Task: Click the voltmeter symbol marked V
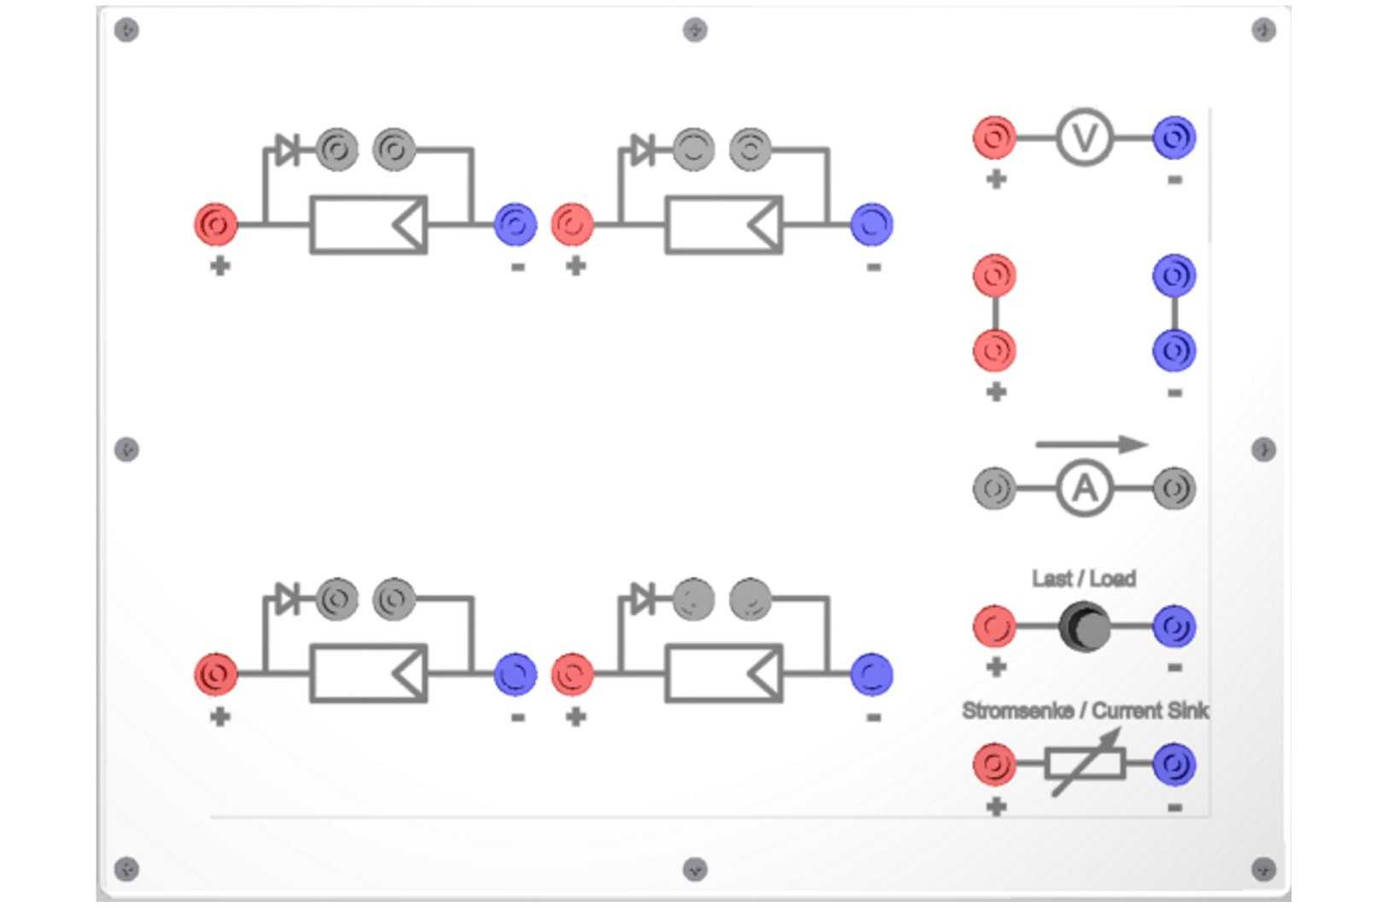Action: pos(1084,137)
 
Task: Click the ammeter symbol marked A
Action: pos(1084,488)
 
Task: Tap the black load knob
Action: pos(1084,626)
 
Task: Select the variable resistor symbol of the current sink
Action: pos(1086,764)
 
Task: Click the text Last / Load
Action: pos(1083,578)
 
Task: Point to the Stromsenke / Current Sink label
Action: pos(1086,711)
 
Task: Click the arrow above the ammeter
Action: pos(1092,444)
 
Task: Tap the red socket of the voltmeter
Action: pos(994,137)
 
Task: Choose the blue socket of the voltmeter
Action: pos(1175,137)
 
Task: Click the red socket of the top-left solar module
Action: pos(216,225)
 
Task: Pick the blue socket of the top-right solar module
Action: pos(871,225)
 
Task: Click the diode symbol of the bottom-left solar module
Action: pos(288,598)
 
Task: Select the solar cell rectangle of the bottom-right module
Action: pos(724,674)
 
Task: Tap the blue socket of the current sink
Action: pos(1175,764)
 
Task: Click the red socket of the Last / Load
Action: pos(994,626)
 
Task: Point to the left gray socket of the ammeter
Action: pos(994,488)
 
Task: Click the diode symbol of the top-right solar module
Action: pos(643,150)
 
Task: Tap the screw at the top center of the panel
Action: pos(695,30)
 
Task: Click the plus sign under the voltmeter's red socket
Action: pos(996,180)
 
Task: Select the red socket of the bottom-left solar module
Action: pos(216,674)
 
